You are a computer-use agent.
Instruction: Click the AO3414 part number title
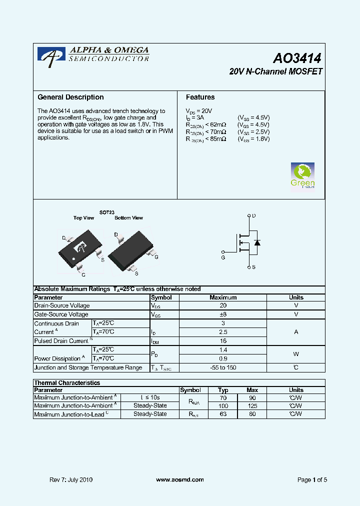click(296, 58)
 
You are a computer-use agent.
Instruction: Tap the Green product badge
click(302, 175)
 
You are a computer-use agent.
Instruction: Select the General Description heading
click(70, 97)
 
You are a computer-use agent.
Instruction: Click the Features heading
click(200, 97)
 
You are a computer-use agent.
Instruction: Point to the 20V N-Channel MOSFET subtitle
click(275, 72)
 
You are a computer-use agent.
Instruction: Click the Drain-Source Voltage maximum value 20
click(223, 305)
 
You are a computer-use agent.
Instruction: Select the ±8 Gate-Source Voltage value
click(223, 314)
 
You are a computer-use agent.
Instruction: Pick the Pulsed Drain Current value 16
click(223, 340)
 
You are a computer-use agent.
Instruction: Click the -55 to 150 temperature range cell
click(223, 367)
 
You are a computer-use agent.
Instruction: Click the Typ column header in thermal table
click(223, 390)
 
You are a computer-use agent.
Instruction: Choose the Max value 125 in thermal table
click(252, 406)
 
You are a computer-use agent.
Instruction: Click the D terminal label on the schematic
click(254, 216)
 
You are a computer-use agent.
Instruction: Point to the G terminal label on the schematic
click(223, 257)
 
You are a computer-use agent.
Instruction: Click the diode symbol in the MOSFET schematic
click(257, 242)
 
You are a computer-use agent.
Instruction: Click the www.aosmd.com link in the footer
click(180, 479)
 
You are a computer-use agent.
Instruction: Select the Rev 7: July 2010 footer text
click(71, 480)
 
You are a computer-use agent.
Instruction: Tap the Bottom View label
click(128, 218)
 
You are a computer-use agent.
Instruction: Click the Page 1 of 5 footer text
click(312, 480)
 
